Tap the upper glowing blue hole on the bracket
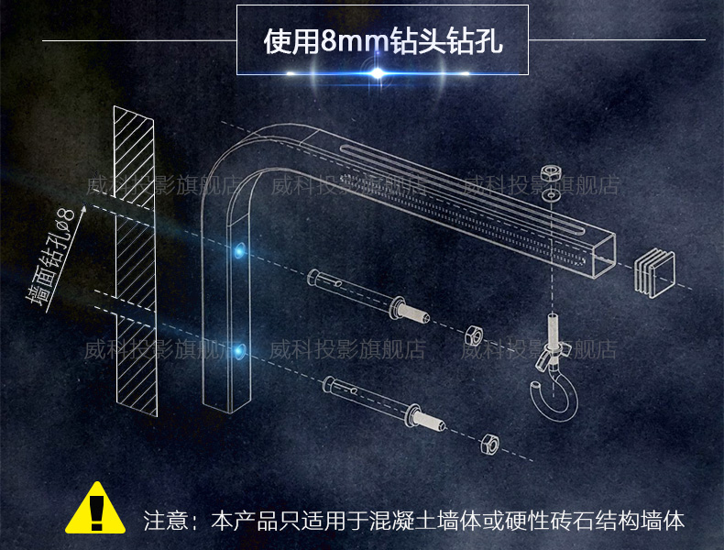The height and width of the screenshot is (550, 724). pos(240,249)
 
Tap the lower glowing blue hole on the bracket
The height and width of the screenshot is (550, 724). pos(240,349)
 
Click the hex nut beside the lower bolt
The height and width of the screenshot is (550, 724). pos(490,444)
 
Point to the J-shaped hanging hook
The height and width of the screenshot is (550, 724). pos(550,380)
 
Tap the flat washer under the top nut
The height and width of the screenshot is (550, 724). pos(550,194)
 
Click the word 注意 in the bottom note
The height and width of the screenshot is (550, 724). pos(165,521)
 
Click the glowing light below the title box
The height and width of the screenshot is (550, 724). pos(378,71)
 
